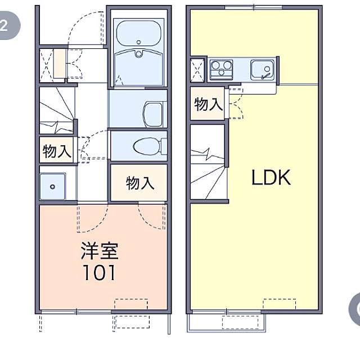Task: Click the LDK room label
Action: pos(271,177)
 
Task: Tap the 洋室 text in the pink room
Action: pos(100,251)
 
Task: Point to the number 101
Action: pos(99,272)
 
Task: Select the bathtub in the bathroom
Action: pos(138,34)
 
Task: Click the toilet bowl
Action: pos(147,146)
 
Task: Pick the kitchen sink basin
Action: pos(262,70)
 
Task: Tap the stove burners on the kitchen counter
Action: pos(221,69)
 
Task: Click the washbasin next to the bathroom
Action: pos(154,115)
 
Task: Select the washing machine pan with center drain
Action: pos(52,186)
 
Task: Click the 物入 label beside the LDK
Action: pos(208,104)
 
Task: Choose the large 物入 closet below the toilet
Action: pos(139,183)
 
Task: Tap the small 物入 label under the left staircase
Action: pos(56,151)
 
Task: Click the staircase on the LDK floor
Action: pos(208,162)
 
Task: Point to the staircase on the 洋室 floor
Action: pos(57,110)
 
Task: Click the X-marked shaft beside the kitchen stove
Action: pos(197,70)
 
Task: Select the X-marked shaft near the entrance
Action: pos(46,65)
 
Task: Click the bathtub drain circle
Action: pos(138,42)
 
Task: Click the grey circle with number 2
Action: pos(8,25)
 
